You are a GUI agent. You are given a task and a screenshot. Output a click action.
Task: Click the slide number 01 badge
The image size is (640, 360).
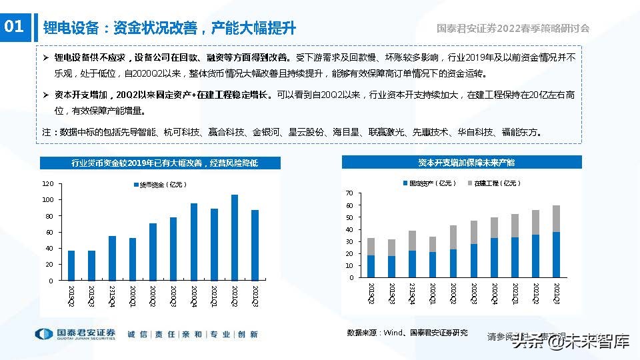pos(15,27)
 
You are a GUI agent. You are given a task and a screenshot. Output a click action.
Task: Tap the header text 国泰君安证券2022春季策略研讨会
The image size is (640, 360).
pos(513,28)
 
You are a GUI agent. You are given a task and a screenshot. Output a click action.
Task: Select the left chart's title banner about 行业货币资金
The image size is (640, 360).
pos(164,163)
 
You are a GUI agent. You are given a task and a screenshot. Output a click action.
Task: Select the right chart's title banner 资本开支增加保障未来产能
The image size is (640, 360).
pos(461,162)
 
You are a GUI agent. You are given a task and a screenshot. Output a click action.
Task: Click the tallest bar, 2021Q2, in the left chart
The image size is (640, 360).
pos(234,237)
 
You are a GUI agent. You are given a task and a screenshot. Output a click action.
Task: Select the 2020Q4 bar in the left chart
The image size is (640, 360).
pos(193,242)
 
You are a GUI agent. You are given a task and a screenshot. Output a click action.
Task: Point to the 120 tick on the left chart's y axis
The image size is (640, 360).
pos(47,183)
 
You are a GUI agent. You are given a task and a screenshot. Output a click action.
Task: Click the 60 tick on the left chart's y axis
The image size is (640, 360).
pos(49,232)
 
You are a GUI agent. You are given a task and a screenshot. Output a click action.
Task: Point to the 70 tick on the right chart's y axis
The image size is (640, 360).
pos(348,193)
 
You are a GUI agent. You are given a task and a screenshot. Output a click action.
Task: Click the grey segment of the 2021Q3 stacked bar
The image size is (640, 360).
pos(555,218)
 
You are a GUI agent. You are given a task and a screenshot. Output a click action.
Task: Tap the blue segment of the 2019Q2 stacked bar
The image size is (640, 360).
pos(371,266)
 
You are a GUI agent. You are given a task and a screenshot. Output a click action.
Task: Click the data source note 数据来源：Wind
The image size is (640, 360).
pos(407,333)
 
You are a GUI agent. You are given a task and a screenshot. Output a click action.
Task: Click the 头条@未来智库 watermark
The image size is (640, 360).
pos(571,343)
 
